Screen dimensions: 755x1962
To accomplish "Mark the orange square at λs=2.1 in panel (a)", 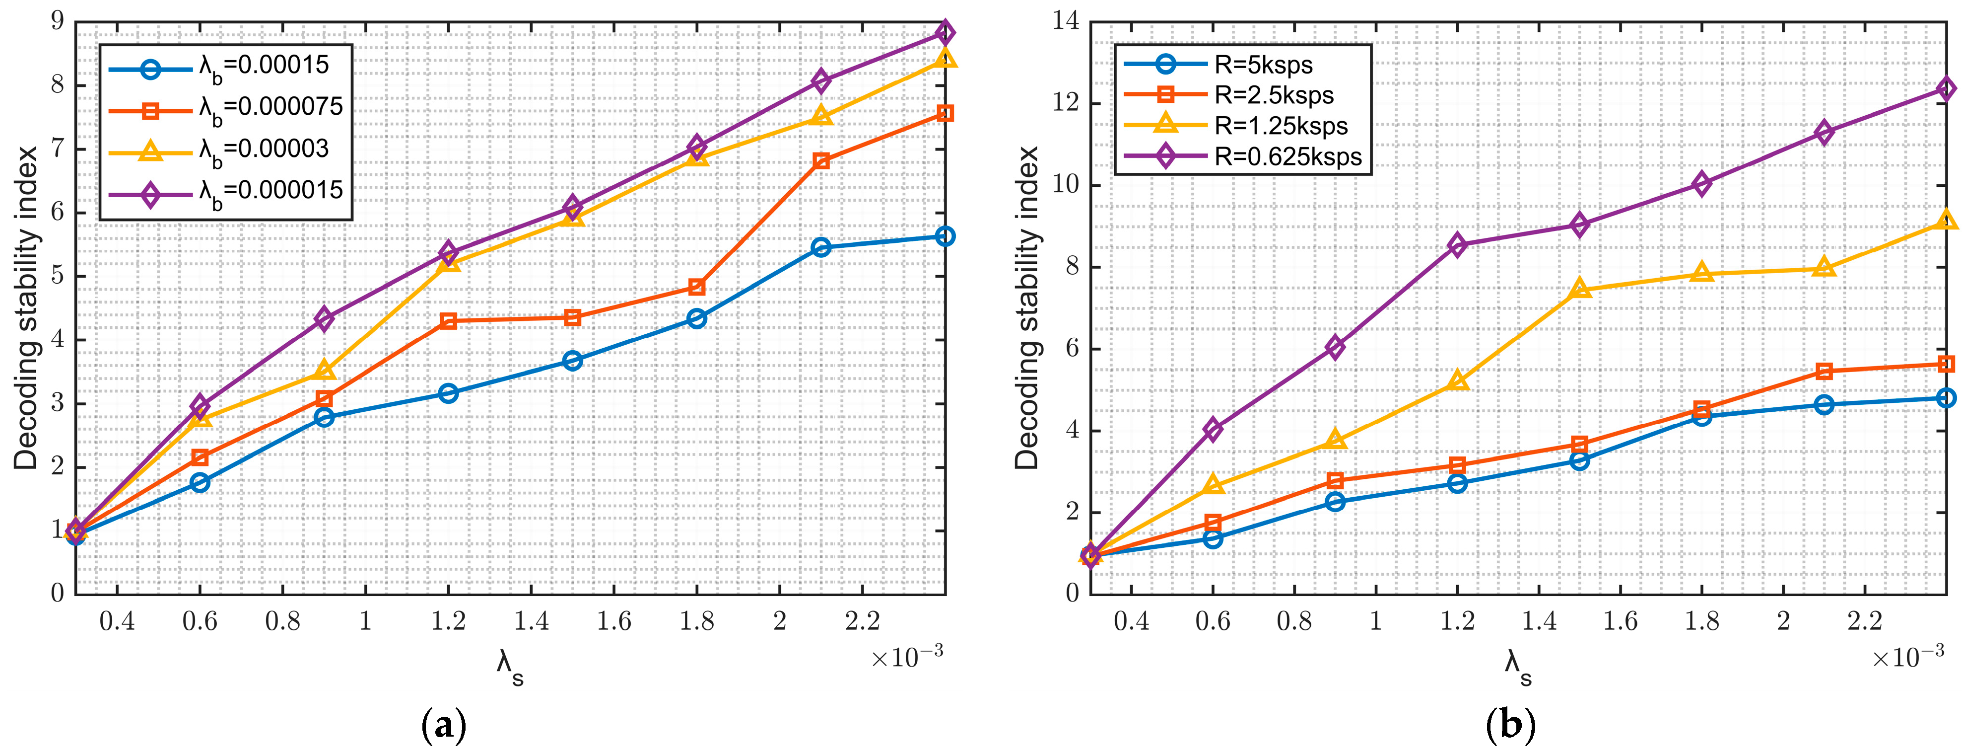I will [821, 161].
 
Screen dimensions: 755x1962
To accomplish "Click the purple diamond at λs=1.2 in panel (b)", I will [1457, 244].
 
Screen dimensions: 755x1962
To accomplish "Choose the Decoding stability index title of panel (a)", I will [27, 308].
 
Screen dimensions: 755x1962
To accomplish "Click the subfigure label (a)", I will [443, 726].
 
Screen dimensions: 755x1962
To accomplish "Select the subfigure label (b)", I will [1510, 726].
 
